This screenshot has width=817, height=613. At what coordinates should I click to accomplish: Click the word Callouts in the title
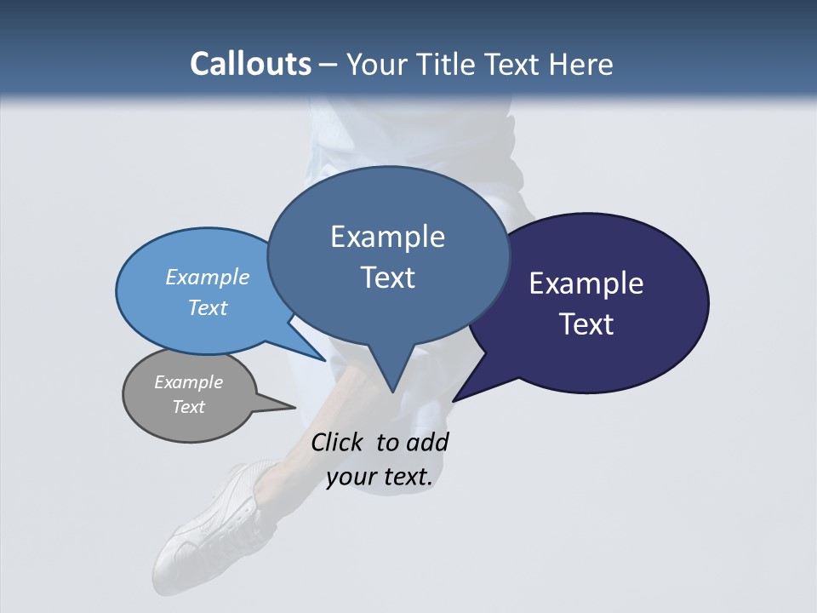point(250,64)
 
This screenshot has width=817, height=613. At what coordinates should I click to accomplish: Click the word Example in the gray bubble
point(188,382)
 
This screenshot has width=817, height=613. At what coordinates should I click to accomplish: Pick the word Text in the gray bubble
point(188,407)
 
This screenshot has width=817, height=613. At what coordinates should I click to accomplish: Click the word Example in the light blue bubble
point(207,277)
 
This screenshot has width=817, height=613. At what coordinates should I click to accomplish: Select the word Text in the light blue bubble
point(207,307)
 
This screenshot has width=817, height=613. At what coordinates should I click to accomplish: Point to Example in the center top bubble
point(387,237)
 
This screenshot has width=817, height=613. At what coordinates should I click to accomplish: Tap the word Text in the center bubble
point(387,278)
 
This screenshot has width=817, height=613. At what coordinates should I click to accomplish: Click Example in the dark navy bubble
point(586,284)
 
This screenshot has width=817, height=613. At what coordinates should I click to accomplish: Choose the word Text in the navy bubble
point(586,324)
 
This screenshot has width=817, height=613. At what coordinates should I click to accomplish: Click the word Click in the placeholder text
point(338,442)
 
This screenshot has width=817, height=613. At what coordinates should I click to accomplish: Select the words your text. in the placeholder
point(380,478)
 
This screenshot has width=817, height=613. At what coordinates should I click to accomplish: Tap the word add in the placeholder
point(427,442)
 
